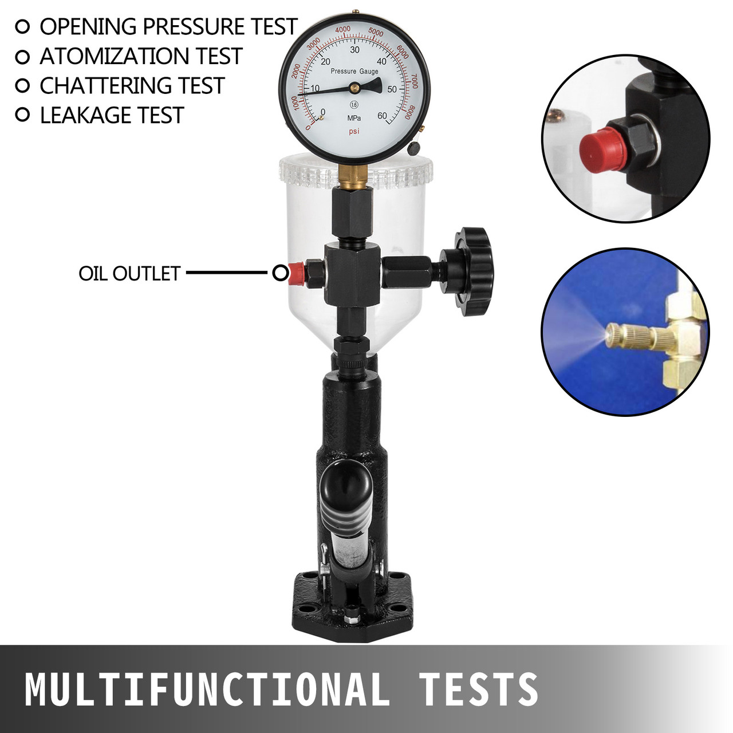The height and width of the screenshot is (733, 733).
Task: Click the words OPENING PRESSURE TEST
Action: pos(168,27)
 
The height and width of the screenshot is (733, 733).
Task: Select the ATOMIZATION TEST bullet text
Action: pos(141,56)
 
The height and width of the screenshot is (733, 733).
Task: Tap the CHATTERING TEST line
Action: pos(132,86)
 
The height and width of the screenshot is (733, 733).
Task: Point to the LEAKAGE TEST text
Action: pos(112,116)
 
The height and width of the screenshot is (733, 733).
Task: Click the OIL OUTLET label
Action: pos(129,274)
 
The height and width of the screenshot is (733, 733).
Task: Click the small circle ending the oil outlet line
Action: pos(281,273)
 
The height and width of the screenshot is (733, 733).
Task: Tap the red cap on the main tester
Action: pos(296,273)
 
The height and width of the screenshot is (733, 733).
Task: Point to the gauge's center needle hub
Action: pos(354,87)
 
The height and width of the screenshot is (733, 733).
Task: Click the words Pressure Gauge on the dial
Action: pos(354,72)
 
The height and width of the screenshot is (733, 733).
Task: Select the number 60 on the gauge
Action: pos(382,116)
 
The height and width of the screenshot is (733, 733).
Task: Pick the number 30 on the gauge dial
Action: pos(354,50)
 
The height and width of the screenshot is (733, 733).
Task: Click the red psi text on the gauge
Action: pos(354,131)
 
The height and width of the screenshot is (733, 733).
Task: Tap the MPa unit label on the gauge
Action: pos(354,118)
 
